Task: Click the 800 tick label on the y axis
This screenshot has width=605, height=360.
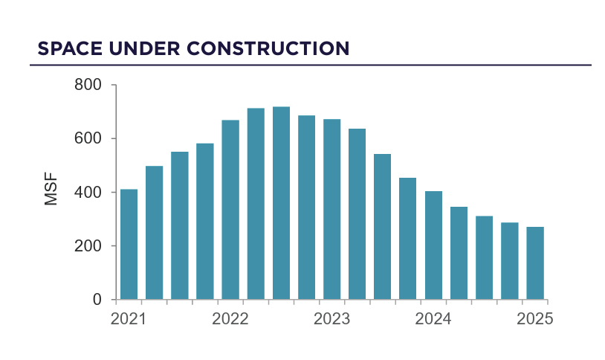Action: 88,85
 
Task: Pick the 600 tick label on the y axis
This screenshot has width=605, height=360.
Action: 88,138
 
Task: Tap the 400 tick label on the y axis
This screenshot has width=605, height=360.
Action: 88,193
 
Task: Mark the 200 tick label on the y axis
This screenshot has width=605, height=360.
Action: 88,246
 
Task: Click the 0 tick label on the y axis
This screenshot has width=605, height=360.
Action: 97,300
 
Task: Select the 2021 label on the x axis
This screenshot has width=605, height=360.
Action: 128,319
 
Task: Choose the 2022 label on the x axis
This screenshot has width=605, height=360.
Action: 230,319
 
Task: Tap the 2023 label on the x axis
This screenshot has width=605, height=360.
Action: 331,319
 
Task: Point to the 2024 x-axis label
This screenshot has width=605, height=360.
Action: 433,319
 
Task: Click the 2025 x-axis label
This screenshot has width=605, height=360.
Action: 535,319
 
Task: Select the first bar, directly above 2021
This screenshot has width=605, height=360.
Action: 129,245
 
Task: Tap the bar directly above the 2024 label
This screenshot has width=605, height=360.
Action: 433,245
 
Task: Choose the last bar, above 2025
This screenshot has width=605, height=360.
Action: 535,263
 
